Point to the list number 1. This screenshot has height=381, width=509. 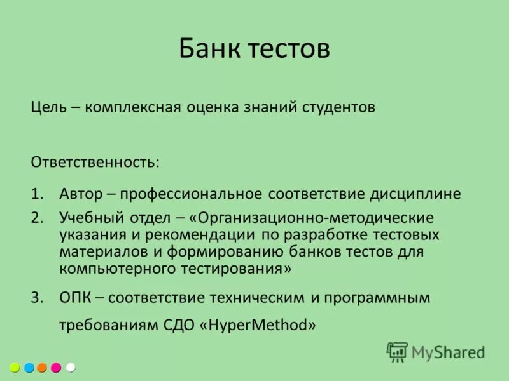coord(36,193)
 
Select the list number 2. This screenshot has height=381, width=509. coord(36,218)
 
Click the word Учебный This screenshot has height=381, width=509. coord(89,218)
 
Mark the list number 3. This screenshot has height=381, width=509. coord(36,297)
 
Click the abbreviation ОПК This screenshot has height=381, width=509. coord(75,297)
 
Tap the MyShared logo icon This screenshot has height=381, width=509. coord(397,352)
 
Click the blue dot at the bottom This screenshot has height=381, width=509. coord(29,368)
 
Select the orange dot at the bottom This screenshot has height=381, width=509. coord(43,368)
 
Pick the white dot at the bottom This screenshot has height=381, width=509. coord(71,368)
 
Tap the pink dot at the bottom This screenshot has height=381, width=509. coord(57,368)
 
